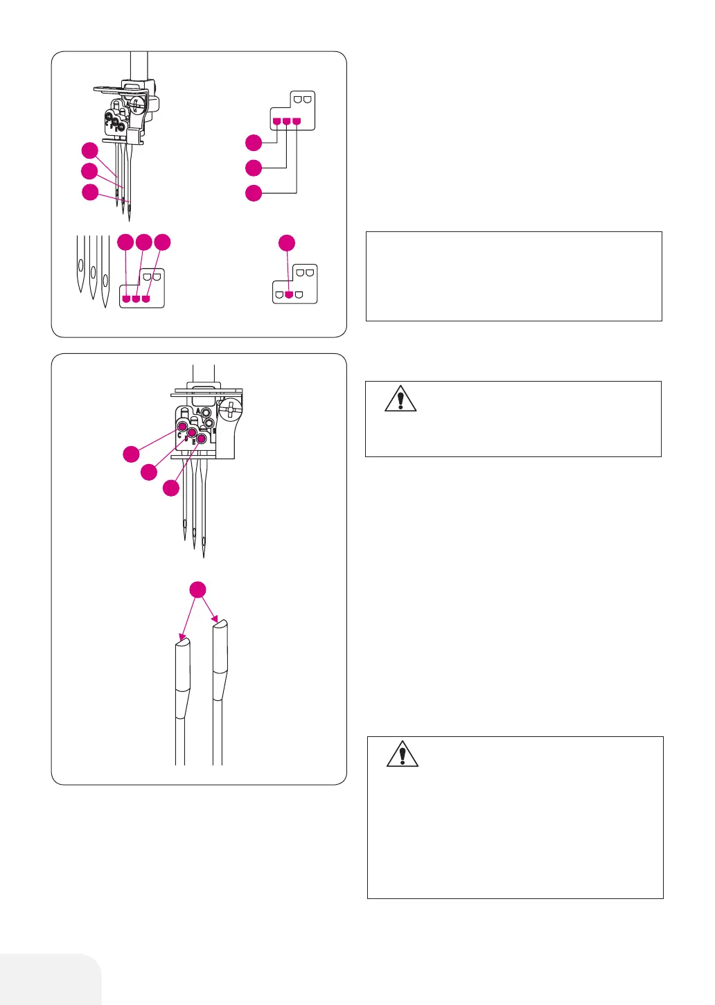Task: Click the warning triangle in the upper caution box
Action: point(400,399)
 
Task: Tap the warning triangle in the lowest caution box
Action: point(402,754)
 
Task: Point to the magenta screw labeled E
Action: point(202,438)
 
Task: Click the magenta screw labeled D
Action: point(192,433)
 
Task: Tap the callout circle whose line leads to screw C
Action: point(131,454)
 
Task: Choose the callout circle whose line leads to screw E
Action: point(170,488)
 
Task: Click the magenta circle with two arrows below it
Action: point(197,589)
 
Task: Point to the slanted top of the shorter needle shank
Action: point(183,643)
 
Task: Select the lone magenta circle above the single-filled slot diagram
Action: point(287,243)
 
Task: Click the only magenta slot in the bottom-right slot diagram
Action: point(289,294)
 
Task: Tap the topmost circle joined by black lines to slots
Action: point(254,143)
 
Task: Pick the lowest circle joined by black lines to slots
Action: point(254,193)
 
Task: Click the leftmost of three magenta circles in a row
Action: point(125,242)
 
